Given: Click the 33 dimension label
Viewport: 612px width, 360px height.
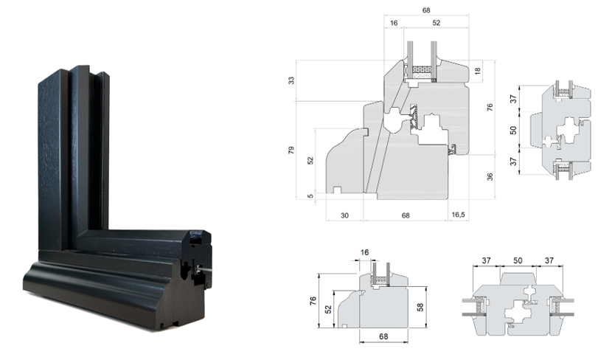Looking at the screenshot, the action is [291, 80].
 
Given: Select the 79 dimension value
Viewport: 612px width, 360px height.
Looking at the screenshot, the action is [291, 150].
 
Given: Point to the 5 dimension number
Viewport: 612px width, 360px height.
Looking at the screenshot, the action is [310, 196].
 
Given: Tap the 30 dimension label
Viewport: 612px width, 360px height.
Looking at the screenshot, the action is [344, 215].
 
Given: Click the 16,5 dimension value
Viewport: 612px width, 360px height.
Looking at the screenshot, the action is [458, 215].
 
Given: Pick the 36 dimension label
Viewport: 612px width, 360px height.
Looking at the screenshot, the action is [490, 176].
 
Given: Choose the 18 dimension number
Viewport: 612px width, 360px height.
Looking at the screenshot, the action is [477, 71].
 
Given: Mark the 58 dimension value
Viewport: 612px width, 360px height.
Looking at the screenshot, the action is [420, 308].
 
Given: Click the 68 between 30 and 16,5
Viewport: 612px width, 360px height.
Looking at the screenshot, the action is [406, 215].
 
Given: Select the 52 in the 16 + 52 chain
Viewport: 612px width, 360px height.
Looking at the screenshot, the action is [437, 23].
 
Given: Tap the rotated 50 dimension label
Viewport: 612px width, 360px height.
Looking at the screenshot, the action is [514, 130].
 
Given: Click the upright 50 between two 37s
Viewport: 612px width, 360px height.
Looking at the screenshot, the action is [518, 260].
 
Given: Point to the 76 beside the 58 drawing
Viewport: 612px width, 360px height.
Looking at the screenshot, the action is [313, 301].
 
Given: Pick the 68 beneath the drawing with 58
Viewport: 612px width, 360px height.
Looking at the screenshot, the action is [383, 336].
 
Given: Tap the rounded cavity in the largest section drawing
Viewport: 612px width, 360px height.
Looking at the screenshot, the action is [393, 120].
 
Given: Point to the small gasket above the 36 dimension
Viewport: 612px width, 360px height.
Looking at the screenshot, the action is [453, 149].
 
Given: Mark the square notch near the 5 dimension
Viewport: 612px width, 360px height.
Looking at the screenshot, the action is [337, 190].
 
